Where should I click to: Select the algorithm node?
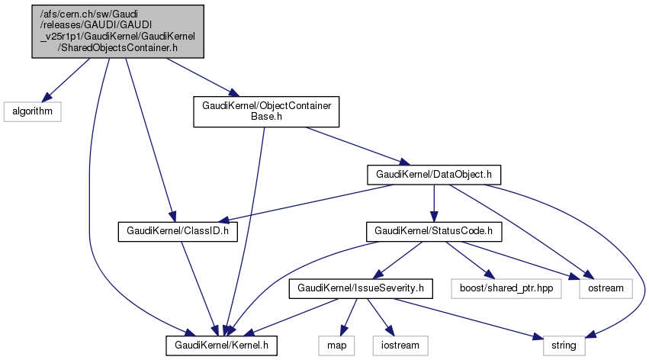click(31, 111)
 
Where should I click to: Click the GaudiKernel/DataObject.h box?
click(433, 174)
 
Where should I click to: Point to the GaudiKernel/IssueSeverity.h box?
click(360, 288)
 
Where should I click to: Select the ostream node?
click(606, 288)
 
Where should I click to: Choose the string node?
click(565, 346)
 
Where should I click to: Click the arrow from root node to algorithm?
click(68, 80)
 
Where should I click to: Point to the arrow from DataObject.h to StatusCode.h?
click(433, 202)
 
